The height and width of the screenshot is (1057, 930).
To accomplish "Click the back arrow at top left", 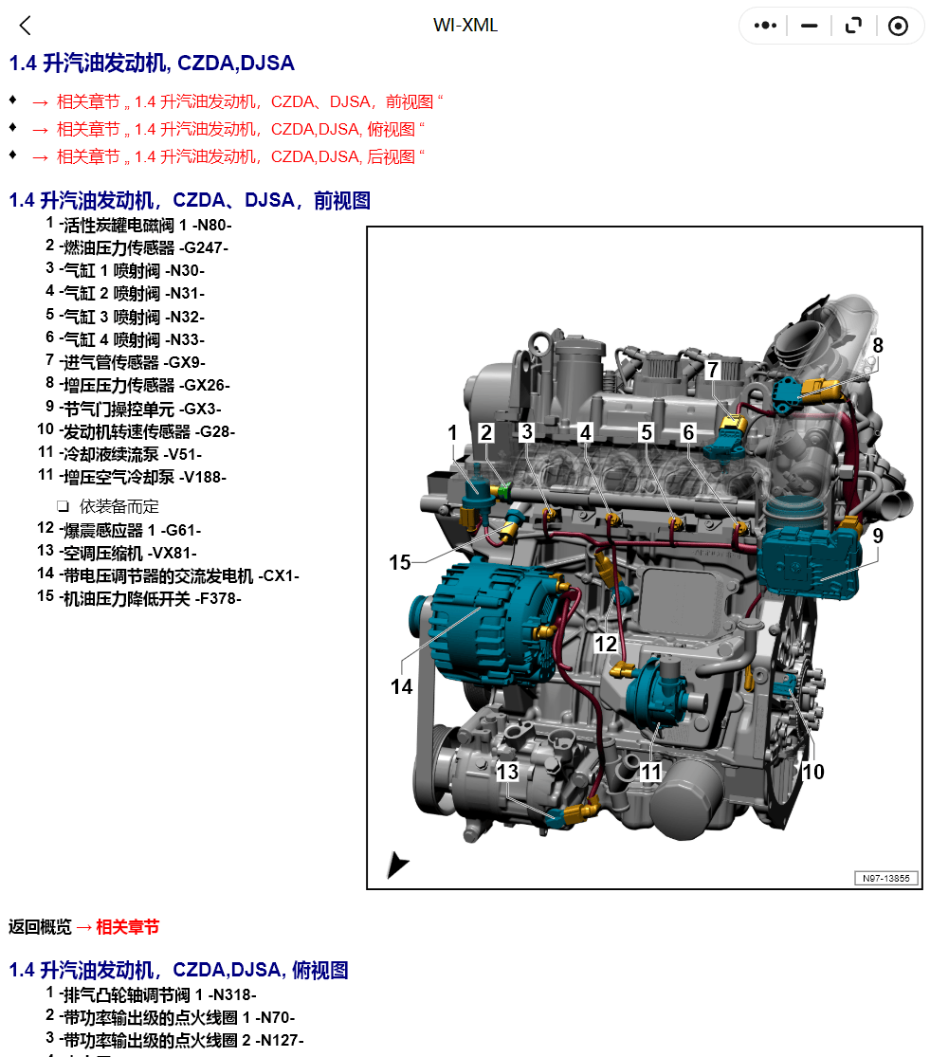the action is (x=25, y=26).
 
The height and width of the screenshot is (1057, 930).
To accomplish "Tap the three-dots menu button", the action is (x=765, y=26).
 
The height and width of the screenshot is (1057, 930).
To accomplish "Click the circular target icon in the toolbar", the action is (x=898, y=26).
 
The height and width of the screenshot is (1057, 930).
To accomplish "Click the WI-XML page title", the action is (x=465, y=26).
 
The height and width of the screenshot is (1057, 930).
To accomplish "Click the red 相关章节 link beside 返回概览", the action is (x=127, y=927).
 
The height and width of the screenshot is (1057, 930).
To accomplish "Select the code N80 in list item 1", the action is (x=213, y=226).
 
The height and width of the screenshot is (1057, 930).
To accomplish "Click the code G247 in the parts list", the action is (x=204, y=248).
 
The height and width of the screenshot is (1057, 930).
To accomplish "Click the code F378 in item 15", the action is (x=218, y=598).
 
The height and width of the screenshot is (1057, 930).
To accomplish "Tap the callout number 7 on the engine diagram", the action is (x=712, y=370).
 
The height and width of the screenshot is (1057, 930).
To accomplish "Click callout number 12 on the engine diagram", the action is (x=605, y=644).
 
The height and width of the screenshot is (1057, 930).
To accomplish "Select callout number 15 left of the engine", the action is (x=400, y=562).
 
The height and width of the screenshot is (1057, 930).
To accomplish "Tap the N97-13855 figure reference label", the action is (x=886, y=878).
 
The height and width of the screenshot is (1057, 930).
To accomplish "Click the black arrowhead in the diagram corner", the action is (x=396, y=865).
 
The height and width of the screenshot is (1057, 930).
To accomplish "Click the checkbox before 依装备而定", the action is (x=63, y=505).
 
